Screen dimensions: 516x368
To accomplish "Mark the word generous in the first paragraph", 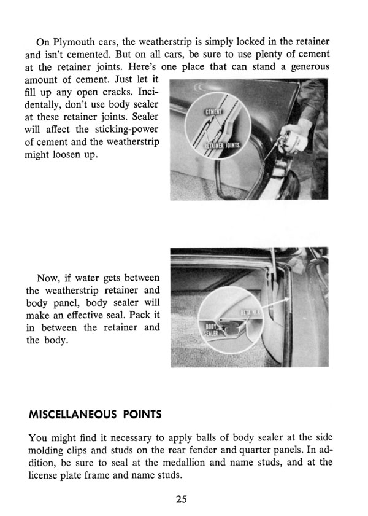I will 305,67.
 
